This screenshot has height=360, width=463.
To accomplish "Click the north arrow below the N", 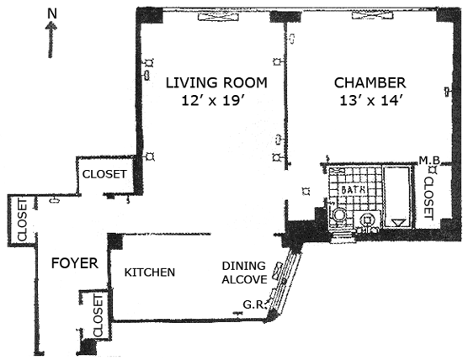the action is [51, 40].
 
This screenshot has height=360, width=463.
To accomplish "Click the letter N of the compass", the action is [52, 13].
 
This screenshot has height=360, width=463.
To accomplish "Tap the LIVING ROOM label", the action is [216, 82].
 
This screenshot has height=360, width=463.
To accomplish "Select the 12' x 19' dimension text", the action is [214, 101].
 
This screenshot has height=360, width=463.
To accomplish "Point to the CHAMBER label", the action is [370, 83].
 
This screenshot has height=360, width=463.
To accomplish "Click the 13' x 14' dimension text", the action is [371, 101].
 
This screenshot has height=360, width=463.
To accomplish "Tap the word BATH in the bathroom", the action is [354, 190].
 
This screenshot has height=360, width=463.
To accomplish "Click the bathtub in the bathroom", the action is [397, 197].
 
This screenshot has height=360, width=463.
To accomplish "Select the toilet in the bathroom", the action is [339, 215].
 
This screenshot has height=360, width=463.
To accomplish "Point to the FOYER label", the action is [75, 263].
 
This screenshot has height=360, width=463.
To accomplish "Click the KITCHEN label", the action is [150, 273].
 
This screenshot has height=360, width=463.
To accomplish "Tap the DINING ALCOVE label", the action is [244, 273].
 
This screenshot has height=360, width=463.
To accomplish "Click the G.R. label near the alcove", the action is [253, 304].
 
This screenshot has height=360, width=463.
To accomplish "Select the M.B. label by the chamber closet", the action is [429, 160].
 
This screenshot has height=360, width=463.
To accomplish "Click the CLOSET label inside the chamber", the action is [428, 199].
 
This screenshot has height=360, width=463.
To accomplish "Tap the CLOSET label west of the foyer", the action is [22, 220].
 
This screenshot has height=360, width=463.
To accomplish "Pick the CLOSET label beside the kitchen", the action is [98, 315].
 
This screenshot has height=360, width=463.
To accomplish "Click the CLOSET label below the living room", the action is [104, 174].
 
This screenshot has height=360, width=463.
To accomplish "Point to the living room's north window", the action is [218, 17].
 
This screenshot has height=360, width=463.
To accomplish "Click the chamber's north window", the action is [373, 15].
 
